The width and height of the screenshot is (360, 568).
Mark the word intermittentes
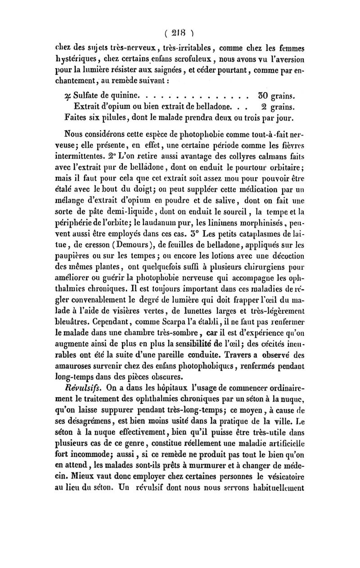tap(88, 160)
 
